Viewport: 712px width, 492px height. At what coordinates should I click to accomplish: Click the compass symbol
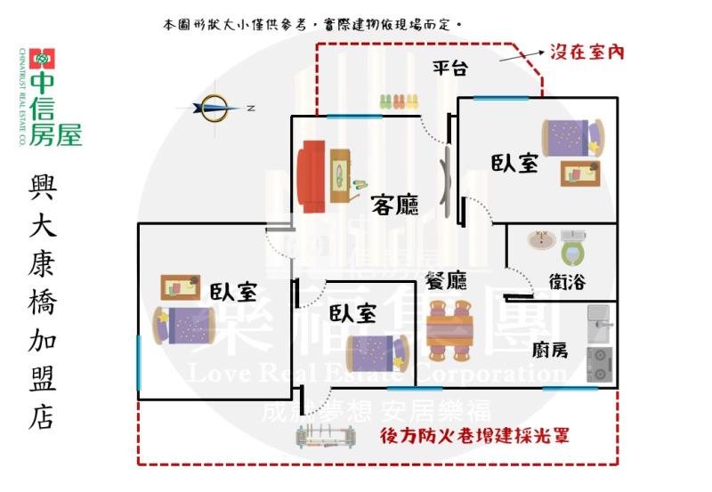tap(214, 108)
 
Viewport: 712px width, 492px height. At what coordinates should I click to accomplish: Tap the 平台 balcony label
tap(450, 68)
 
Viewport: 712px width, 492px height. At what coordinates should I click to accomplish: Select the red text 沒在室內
tap(587, 52)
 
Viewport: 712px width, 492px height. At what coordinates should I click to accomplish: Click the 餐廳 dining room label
tap(446, 282)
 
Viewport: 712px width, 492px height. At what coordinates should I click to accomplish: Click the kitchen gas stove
tap(598, 365)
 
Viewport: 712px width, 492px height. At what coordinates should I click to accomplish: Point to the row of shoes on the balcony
tap(399, 101)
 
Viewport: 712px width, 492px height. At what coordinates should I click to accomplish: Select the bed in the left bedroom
tap(185, 325)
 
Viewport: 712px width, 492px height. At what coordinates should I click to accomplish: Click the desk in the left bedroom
tap(181, 287)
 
